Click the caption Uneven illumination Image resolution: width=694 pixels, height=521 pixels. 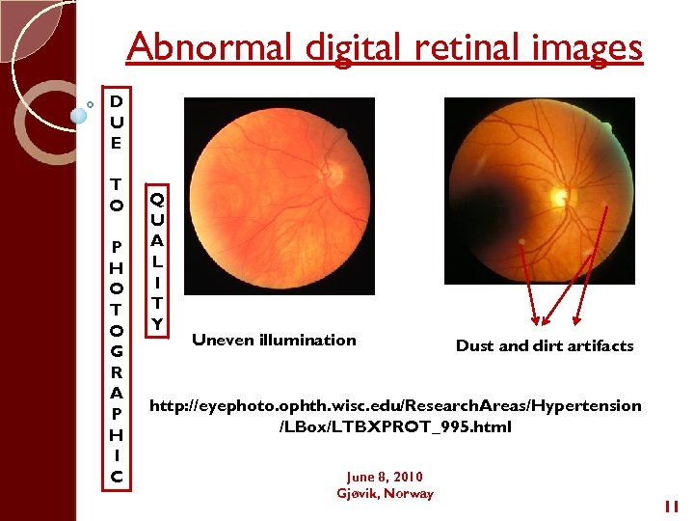click(x=274, y=340)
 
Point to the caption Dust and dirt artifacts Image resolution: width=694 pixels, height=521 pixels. click(x=545, y=345)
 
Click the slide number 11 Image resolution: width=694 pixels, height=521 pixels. click(x=672, y=506)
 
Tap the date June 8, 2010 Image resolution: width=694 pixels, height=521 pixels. click(x=385, y=477)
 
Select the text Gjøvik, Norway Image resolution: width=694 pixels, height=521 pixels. click(x=385, y=493)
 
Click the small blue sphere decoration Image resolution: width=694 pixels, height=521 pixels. click(x=79, y=115)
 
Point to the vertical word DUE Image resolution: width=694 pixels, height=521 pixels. click(x=116, y=122)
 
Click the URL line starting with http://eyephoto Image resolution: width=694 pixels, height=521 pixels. click(x=394, y=405)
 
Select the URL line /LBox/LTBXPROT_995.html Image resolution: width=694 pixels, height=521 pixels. click(x=394, y=426)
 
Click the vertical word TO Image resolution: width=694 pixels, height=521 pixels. click(x=116, y=194)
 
